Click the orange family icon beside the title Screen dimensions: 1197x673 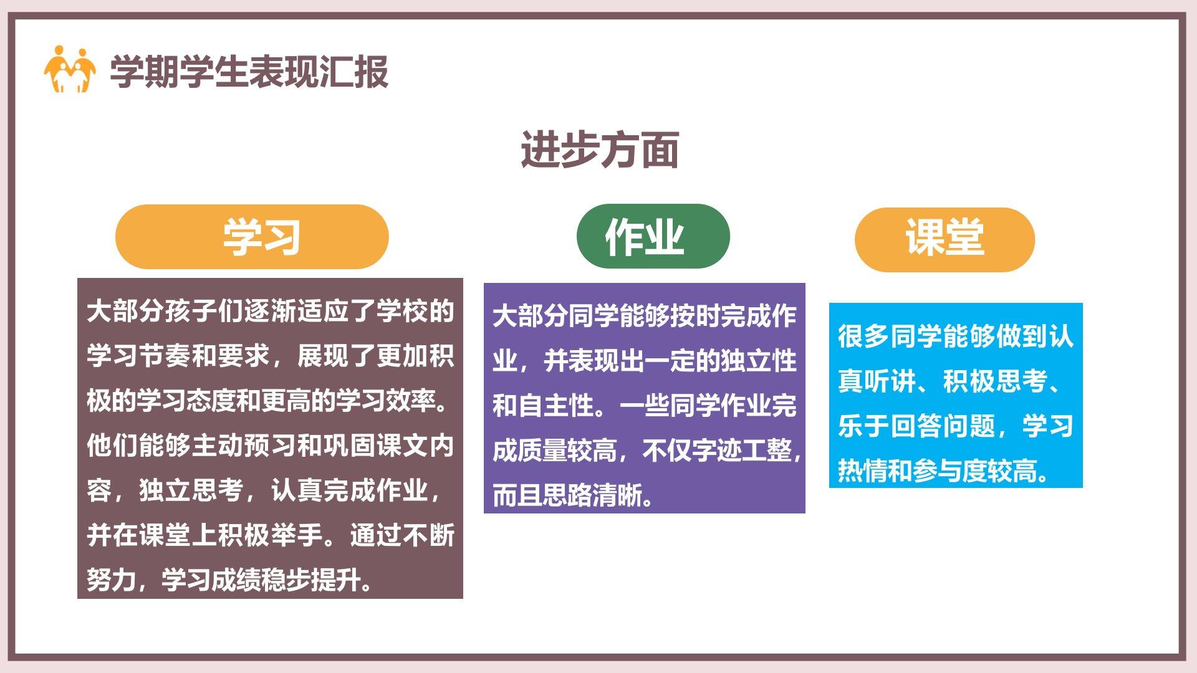click(x=70, y=69)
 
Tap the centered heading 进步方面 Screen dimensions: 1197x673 click(x=600, y=150)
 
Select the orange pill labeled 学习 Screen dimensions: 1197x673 click(x=252, y=237)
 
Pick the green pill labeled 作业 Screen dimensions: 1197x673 click(x=653, y=236)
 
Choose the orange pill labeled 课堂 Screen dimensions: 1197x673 click(x=945, y=239)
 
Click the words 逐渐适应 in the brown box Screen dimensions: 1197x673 click(x=297, y=311)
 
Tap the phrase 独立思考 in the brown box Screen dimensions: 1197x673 click(x=191, y=490)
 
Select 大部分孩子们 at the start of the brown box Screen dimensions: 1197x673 click(x=165, y=311)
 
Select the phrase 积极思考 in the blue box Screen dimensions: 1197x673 click(x=995, y=381)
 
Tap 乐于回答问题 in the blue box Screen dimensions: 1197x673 click(x=916, y=426)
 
